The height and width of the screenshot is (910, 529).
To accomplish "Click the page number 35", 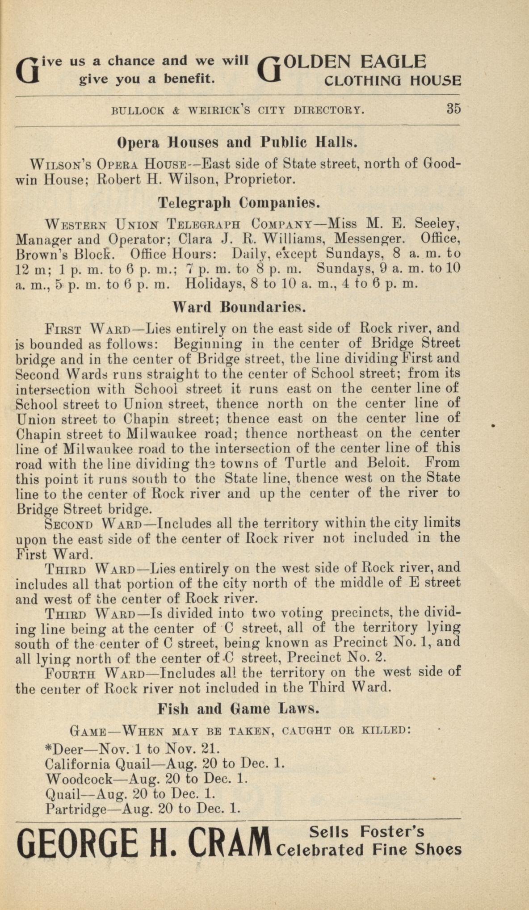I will click(x=453, y=109).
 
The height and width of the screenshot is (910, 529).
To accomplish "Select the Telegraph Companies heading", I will click(x=239, y=203).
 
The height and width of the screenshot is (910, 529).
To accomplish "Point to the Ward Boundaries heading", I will click(x=239, y=307).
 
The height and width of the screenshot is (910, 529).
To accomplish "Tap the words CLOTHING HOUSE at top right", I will click(x=392, y=81).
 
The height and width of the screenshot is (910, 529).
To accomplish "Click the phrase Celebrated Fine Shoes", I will click(x=369, y=849).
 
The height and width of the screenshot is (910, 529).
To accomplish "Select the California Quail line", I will click(x=165, y=763).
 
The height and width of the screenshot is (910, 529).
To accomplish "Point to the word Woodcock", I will click(x=79, y=779).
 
